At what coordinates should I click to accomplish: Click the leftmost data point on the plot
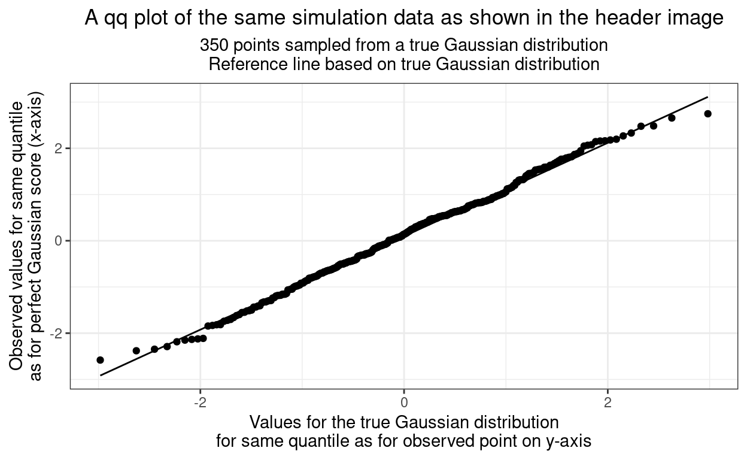point(100,360)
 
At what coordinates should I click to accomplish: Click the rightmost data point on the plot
point(707,114)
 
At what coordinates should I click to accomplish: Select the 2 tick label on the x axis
point(608,400)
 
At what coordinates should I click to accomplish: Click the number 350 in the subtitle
point(212,46)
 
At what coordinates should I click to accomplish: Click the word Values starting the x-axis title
point(272,422)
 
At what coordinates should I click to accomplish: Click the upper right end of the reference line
point(707,97)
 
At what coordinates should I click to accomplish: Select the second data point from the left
point(136,350)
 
